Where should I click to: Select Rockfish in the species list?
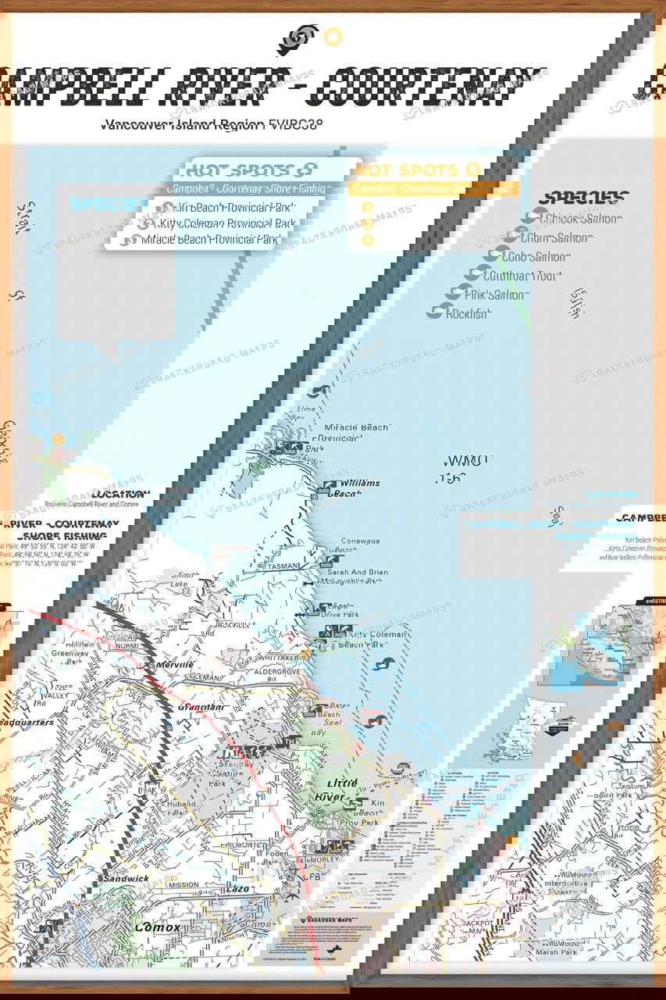coord(468,314)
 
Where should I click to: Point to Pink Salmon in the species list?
coord(496,295)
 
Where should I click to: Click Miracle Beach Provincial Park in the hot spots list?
coord(210,240)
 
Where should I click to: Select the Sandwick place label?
coord(124,878)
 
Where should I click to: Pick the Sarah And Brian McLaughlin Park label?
coord(365,577)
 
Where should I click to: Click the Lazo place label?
coord(239,889)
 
